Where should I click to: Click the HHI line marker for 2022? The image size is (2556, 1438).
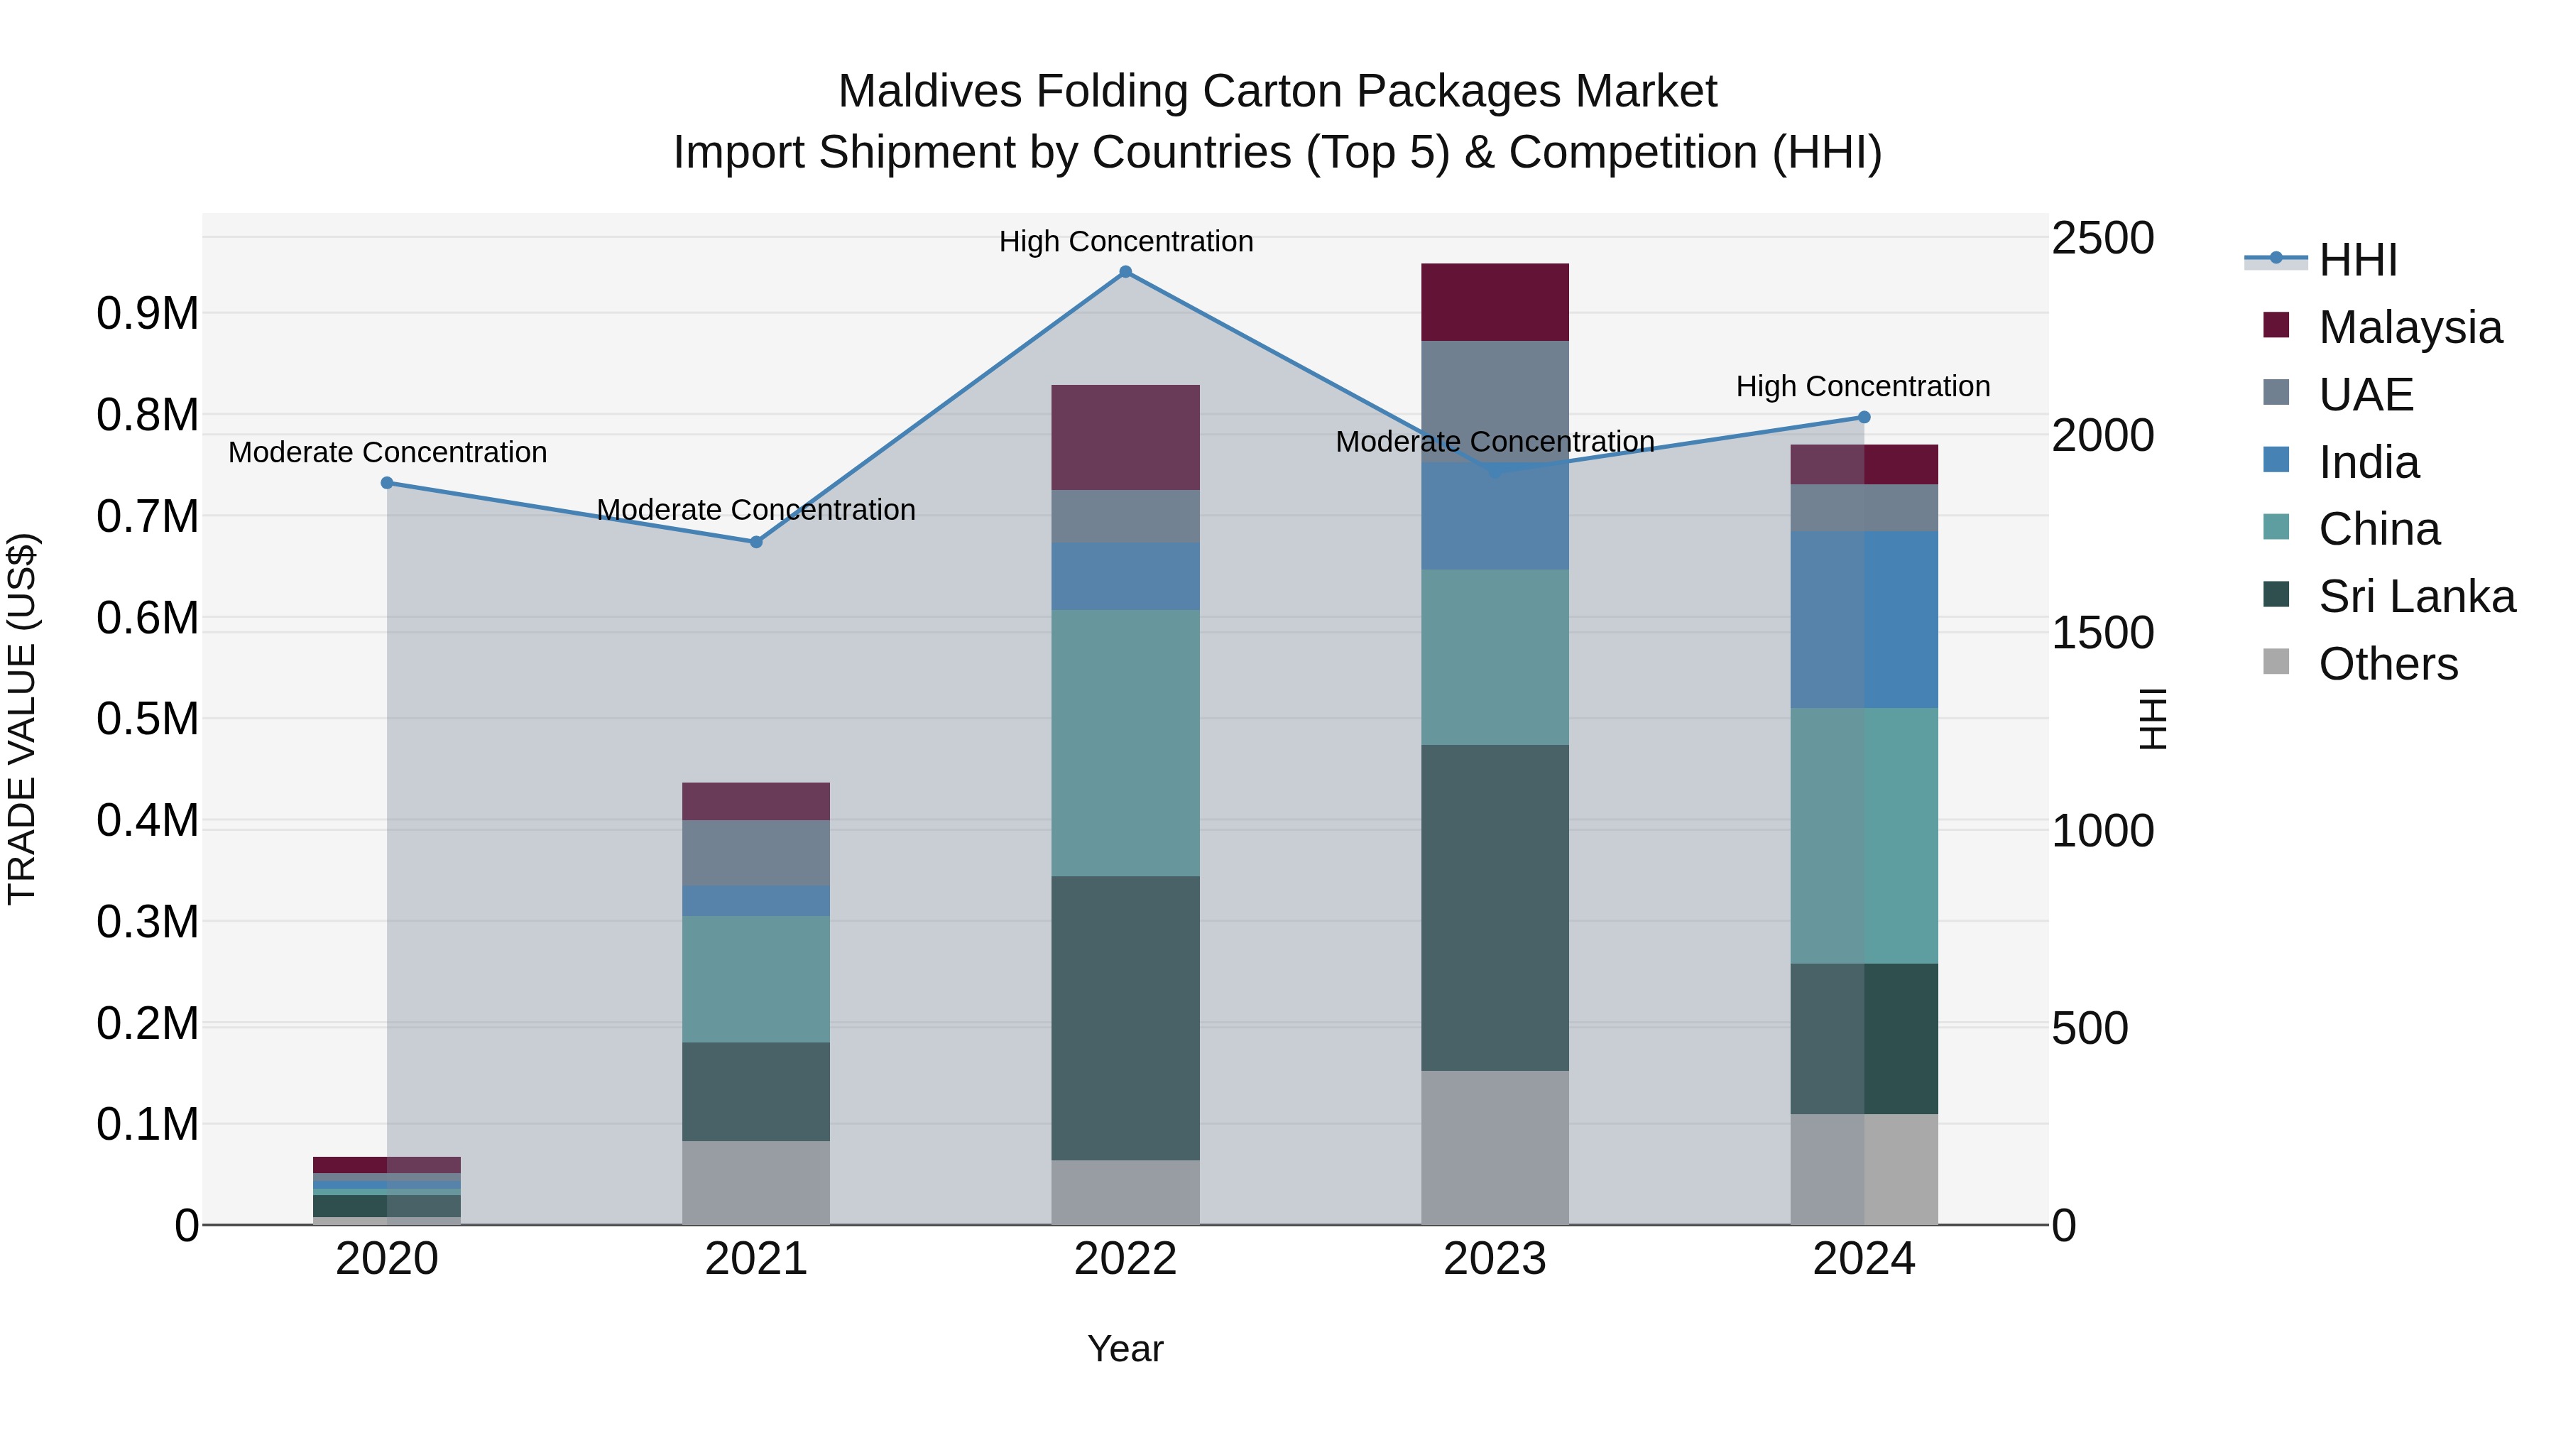click(1125, 272)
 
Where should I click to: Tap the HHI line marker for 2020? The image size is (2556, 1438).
click(387, 484)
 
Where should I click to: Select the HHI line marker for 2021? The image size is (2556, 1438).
click(756, 542)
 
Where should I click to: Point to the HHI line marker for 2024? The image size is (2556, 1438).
click(1864, 418)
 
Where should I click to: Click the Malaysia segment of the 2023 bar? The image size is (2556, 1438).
click(1495, 303)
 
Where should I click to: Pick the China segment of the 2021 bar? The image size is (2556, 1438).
click(756, 979)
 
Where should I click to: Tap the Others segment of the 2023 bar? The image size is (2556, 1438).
click(1495, 1148)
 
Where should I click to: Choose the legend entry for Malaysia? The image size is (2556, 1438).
click(2409, 327)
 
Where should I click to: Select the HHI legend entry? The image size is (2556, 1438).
click(2356, 260)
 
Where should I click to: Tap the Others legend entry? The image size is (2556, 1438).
click(2387, 664)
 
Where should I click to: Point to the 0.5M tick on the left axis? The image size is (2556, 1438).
click(147, 719)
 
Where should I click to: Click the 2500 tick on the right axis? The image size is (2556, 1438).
click(2102, 238)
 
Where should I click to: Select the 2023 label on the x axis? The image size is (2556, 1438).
click(1495, 1259)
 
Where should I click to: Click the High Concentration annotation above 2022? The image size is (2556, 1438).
click(1125, 241)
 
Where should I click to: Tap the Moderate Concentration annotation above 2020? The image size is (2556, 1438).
click(387, 452)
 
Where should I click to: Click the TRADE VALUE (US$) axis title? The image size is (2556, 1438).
click(22, 719)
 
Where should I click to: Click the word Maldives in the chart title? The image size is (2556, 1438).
click(929, 92)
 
